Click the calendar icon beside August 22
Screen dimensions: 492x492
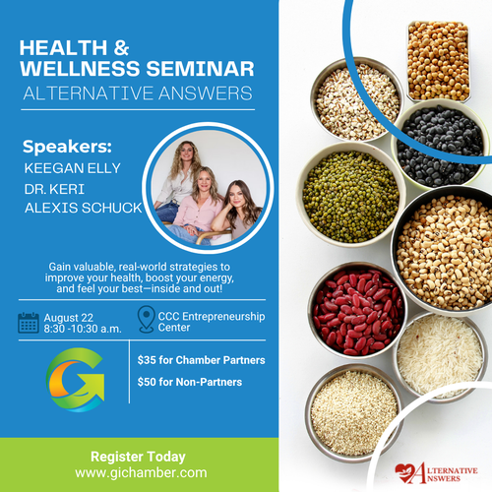click(29, 323)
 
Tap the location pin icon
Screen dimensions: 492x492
click(147, 319)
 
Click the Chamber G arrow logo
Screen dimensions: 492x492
click(76, 380)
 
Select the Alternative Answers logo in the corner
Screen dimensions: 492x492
click(436, 473)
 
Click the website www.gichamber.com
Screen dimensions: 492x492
click(141, 472)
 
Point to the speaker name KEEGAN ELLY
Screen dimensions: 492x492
click(73, 168)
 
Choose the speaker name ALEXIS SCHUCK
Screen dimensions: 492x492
click(84, 208)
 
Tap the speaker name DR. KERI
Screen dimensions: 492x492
click(54, 189)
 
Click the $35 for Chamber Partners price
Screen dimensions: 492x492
click(201, 360)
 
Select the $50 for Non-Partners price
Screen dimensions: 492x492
click(190, 382)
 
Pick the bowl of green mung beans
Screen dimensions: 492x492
click(351, 195)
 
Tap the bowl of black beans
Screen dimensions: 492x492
click(440, 146)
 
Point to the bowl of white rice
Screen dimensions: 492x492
click(441, 356)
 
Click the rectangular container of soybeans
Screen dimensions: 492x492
click(438, 61)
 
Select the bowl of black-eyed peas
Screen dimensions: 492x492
click(443, 251)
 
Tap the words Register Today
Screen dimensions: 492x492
click(138, 457)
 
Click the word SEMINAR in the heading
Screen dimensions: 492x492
click(200, 69)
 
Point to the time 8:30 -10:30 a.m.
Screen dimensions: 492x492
click(83, 329)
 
